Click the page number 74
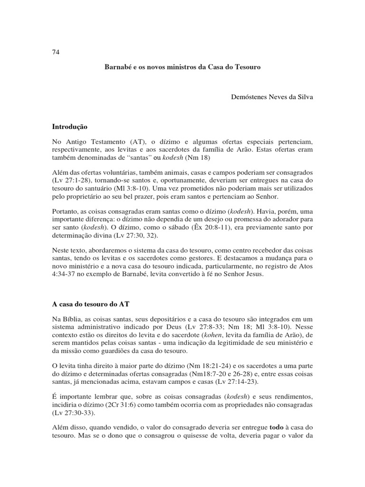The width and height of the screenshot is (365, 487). coord(55,52)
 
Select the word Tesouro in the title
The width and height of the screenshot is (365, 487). coord(247,68)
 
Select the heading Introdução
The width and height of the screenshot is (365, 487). coord(70,127)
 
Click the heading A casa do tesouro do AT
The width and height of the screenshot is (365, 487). coord(90,303)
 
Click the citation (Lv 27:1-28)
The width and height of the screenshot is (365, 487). coord(71,181)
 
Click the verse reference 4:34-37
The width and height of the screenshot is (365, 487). coord(65,274)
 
